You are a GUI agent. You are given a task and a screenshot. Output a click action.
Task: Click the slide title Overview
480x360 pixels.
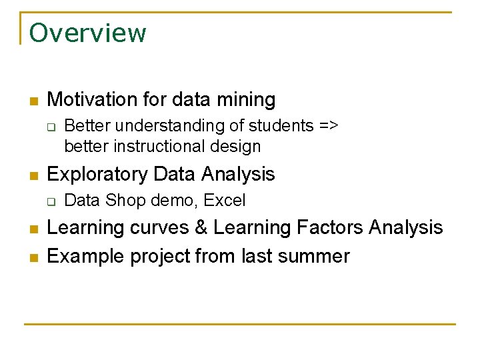click(87, 33)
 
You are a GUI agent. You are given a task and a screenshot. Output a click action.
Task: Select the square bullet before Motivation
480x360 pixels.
click(33, 101)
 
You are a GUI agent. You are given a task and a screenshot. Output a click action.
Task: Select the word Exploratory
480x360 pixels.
click(97, 175)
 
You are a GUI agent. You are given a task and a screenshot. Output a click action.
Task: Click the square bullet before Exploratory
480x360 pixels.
click(33, 176)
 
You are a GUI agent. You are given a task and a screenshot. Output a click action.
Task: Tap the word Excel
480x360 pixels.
click(225, 200)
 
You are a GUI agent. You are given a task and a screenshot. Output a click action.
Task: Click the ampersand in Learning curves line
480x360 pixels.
click(201, 228)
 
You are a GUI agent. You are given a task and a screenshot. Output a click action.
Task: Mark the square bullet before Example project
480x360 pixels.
click(33, 257)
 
